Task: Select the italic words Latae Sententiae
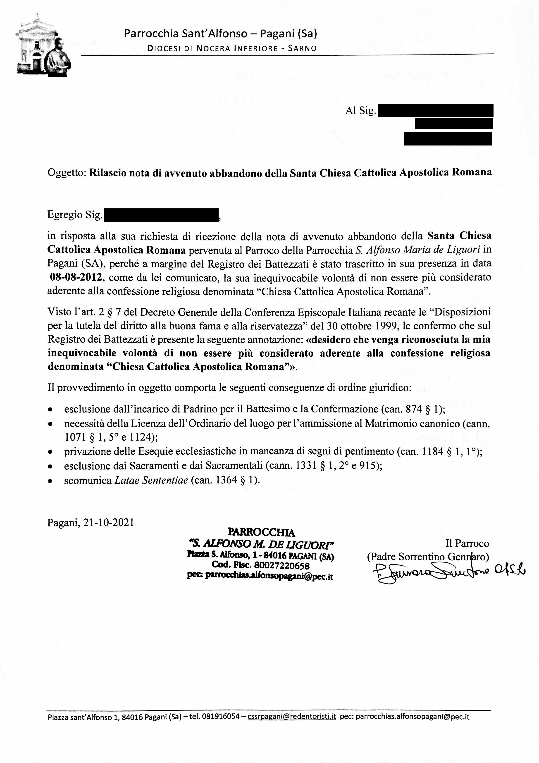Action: click(151, 480)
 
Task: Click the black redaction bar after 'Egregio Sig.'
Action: click(161, 215)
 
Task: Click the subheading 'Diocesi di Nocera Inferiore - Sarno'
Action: click(232, 48)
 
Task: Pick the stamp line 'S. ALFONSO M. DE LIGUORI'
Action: click(261, 544)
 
